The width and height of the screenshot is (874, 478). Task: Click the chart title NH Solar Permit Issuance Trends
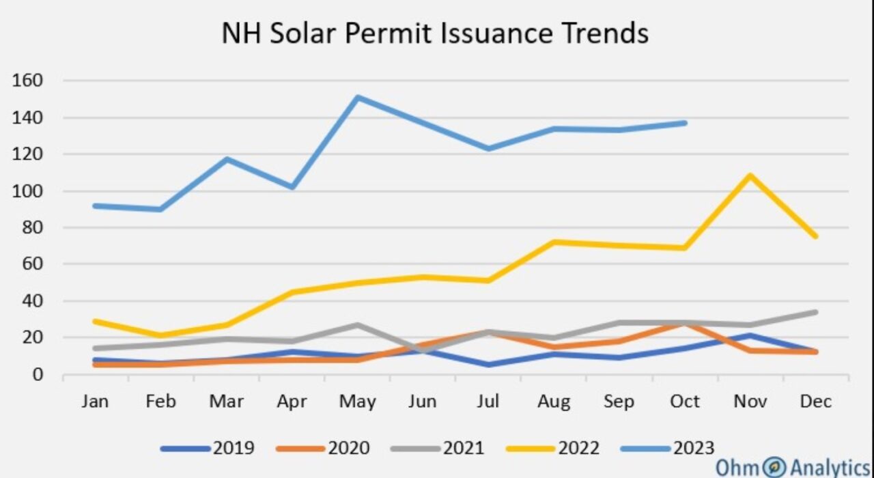[435, 33]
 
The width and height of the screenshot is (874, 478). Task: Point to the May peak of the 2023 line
[358, 97]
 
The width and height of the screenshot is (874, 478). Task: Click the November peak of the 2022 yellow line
[750, 175]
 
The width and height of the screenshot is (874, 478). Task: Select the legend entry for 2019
[208, 448]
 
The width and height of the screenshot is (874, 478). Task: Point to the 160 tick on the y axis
[28, 81]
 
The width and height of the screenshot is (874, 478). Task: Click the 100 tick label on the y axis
[28, 191]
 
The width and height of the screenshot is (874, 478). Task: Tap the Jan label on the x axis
[95, 402]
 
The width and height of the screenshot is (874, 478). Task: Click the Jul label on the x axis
[488, 402]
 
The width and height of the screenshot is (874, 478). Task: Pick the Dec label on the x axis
[816, 402]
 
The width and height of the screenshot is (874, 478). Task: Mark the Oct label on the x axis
[685, 402]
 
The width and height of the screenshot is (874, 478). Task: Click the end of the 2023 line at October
[685, 123]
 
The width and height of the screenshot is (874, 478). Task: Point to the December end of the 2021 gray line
[815, 312]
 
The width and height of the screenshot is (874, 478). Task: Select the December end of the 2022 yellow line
[815, 236]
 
